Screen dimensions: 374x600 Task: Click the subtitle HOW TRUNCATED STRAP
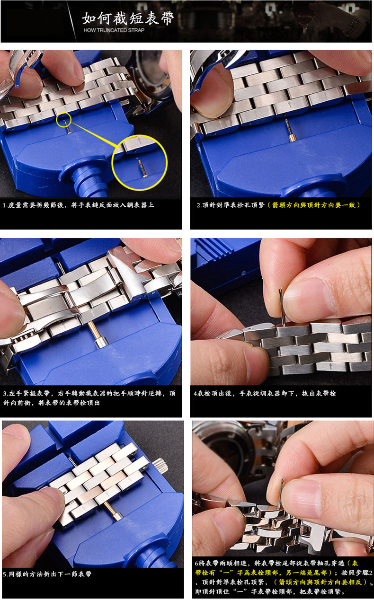(x=114, y=30)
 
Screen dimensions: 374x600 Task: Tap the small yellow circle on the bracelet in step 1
(x=64, y=119)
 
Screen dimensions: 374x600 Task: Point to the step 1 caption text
(x=78, y=205)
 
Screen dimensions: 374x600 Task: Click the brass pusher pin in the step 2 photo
(x=290, y=131)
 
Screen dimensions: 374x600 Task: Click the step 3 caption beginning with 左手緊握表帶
(x=89, y=398)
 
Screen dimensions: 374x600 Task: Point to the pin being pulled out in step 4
(x=282, y=307)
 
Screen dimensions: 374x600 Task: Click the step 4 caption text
(x=265, y=394)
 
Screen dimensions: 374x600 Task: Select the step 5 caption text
(x=47, y=574)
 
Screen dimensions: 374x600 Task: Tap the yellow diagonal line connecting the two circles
(x=94, y=135)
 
